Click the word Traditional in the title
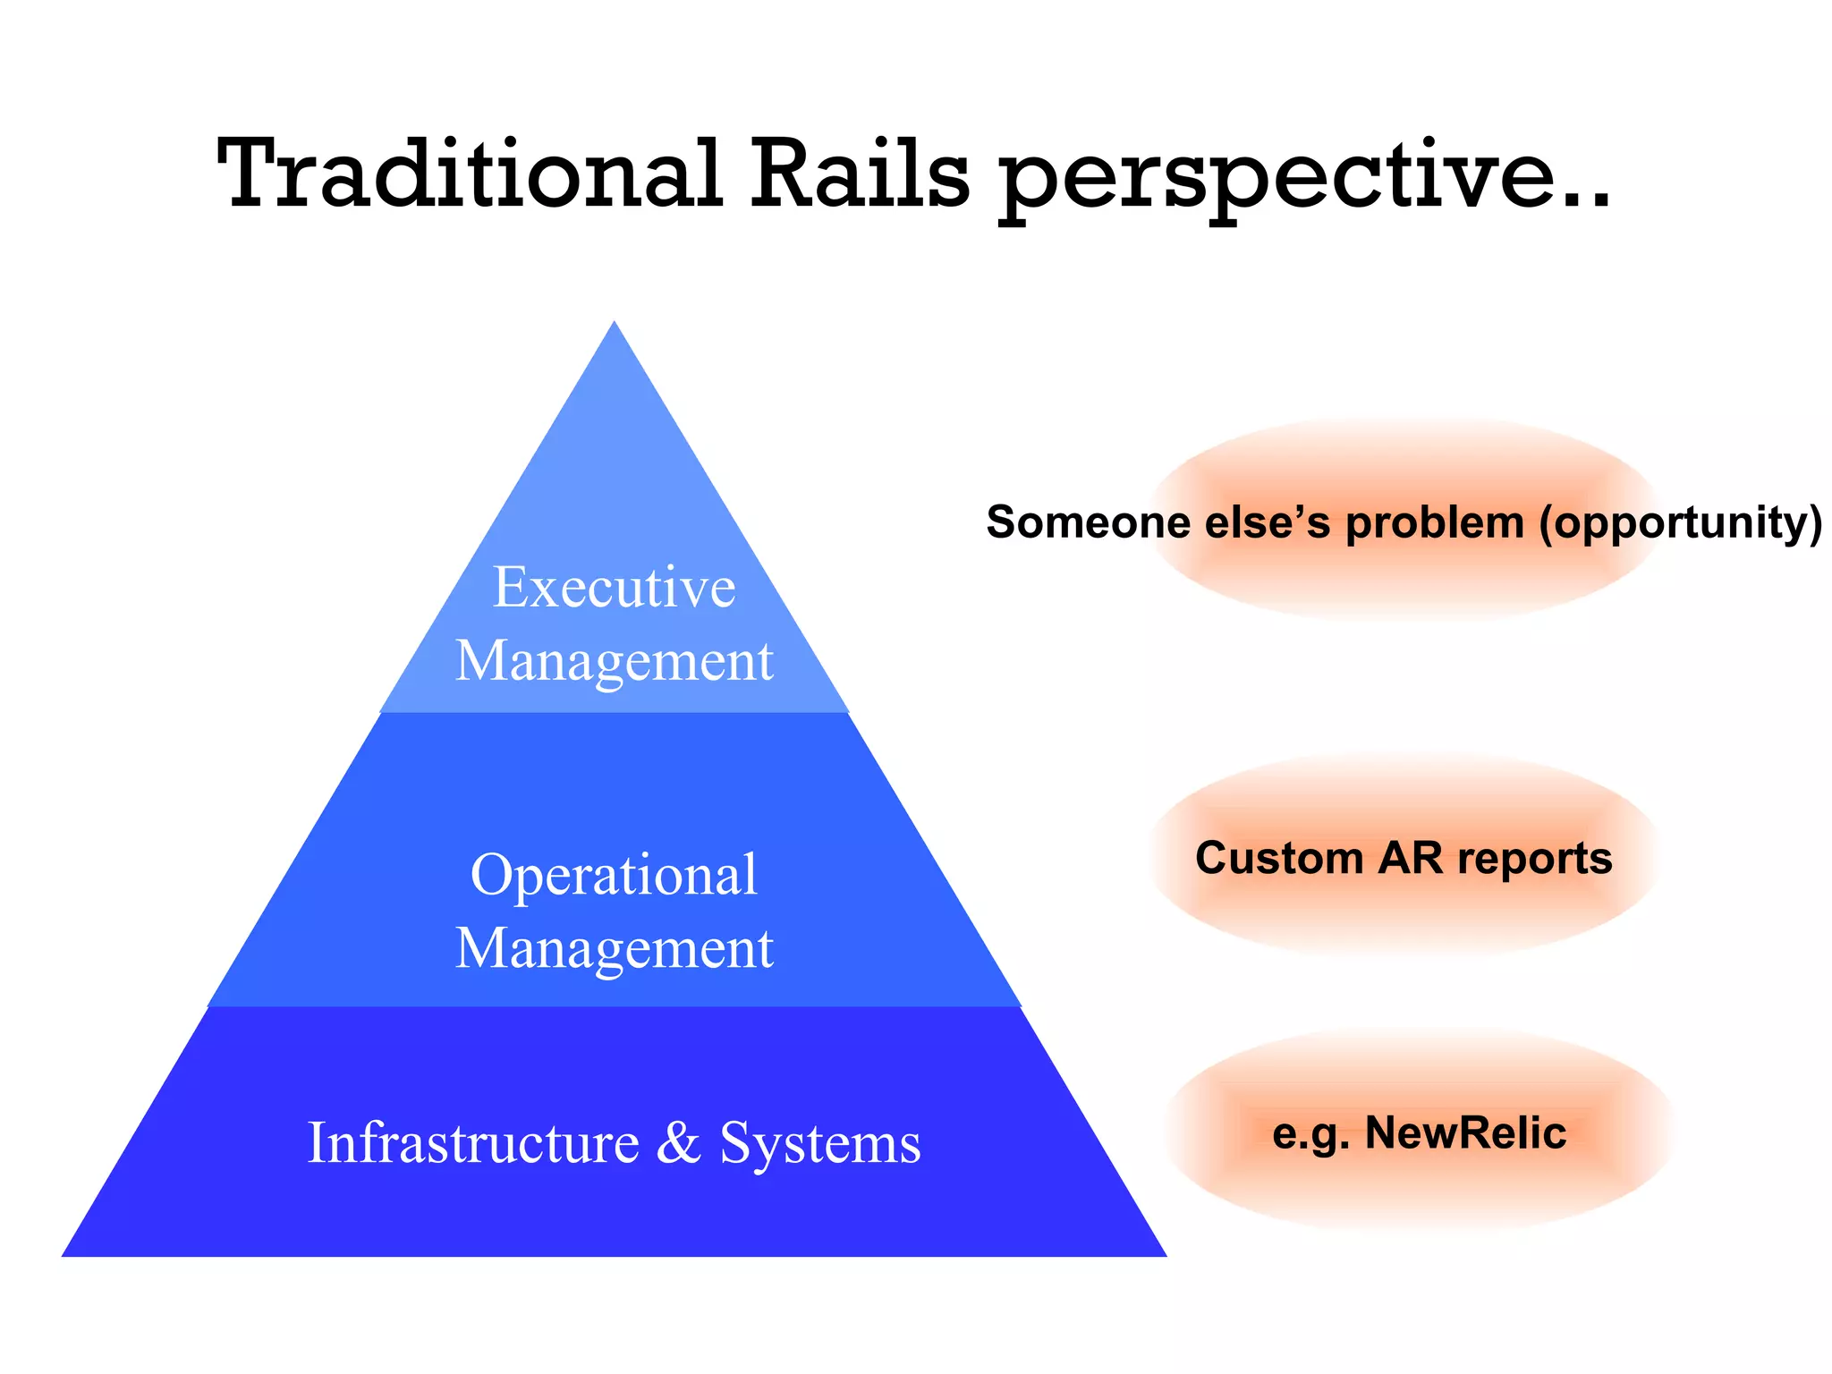pyautogui.click(x=470, y=174)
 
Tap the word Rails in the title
pyautogui.click(x=859, y=174)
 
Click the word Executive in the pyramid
pyautogui.click(x=615, y=588)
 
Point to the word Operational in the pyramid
pyautogui.click(x=615, y=876)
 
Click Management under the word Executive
pyautogui.click(x=615, y=661)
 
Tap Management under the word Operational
pyautogui.click(x=615, y=949)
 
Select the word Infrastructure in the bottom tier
pyautogui.click(x=473, y=1143)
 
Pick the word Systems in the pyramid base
pyautogui.click(x=819, y=1143)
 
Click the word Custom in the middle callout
pyautogui.click(x=1279, y=859)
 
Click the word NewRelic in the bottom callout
pyautogui.click(x=1465, y=1133)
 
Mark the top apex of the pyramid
pyautogui.click(x=615, y=324)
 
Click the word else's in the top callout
pyautogui.click(x=1268, y=522)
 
